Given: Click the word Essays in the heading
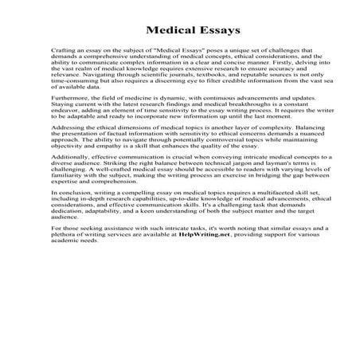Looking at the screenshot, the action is coord(211,32).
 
